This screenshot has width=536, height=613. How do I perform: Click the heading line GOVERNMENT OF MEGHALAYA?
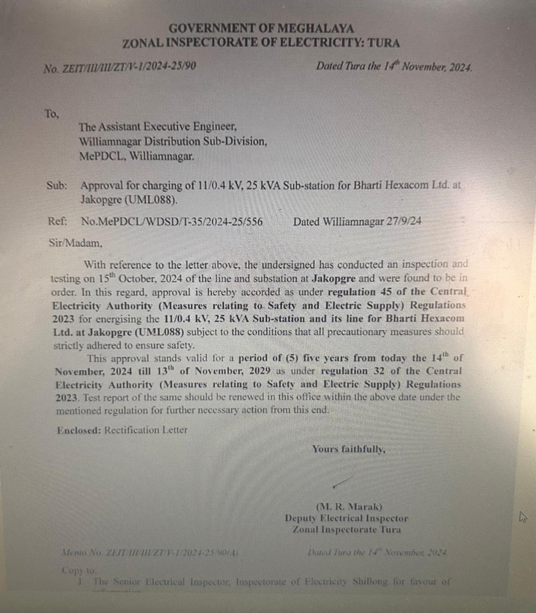(261, 29)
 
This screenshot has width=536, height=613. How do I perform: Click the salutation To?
(52, 114)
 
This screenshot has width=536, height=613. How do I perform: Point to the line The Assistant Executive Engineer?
(158, 127)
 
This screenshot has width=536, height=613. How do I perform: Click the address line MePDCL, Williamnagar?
(137, 156)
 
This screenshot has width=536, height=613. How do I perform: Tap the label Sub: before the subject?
(57, 186)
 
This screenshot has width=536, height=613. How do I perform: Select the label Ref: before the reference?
(57, 221)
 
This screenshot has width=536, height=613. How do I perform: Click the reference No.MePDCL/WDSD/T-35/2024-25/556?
(172, 222)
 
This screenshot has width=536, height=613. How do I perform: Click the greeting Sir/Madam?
(76, 243)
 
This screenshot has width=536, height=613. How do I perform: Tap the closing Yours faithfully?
(349, 449)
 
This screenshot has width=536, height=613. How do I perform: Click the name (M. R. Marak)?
(349, 507)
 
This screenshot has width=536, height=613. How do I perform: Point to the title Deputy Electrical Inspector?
(347, 518)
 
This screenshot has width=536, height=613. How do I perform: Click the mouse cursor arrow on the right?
(523, 517)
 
